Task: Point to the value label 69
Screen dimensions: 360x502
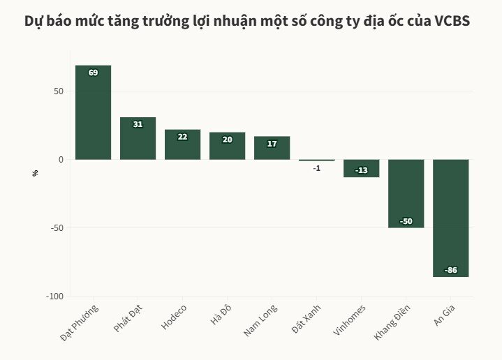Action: [x=93, y=73]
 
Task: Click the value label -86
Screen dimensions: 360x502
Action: [x=450, y=270]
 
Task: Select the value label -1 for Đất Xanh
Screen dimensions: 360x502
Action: [x=316, y=168]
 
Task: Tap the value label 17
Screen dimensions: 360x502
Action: [x=272, y=144]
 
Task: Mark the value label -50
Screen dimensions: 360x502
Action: [x=406, y=221]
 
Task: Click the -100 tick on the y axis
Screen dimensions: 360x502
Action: [x=54, y=297]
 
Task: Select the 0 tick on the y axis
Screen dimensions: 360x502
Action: [x=60, y=160]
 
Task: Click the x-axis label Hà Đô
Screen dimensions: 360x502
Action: [x=221, y=315]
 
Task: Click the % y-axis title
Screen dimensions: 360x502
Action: [x=35, y=172]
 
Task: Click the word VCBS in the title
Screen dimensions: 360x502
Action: [x=451, y=21]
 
